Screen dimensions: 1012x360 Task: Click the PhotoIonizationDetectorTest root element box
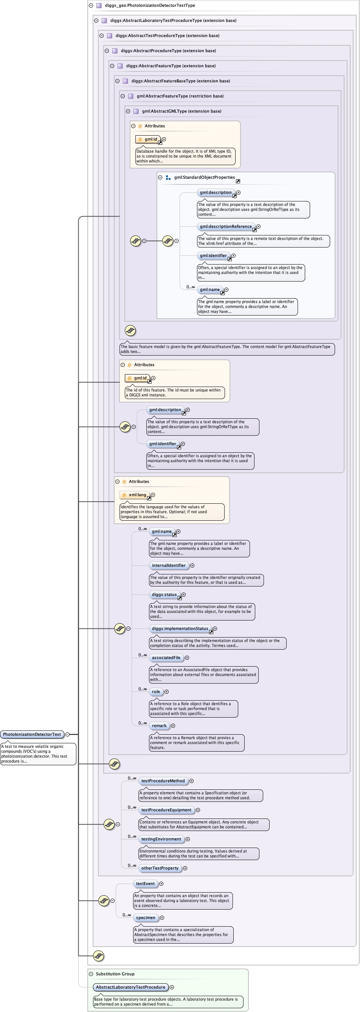[32, 734]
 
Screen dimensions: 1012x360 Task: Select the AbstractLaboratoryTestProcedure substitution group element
[130, 987]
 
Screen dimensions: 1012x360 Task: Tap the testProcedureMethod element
[163, 781]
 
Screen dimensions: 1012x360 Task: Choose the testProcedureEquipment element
[166, 810]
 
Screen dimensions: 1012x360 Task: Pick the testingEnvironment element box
[161, 839]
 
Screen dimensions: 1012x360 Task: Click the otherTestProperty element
[160, 868]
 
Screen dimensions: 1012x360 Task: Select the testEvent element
[145, 884]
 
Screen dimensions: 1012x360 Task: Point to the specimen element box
[146, 918]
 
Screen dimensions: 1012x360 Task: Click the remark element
[159, 726]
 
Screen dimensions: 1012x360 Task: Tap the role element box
[156, 692]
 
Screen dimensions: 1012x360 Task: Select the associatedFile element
[166, 658]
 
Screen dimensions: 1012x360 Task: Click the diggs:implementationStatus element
[180, 628]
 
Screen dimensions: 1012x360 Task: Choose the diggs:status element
[164, 594]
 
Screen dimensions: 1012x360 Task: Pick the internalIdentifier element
[169, 565]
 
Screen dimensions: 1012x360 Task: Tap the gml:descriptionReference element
[226, 227]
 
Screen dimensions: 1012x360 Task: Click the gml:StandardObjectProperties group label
[204, 178]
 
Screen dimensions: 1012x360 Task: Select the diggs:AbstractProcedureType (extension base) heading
[168, 51]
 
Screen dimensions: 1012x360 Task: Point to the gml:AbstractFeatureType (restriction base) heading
[180, 96]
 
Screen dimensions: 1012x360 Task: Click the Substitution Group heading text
[115, 974]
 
